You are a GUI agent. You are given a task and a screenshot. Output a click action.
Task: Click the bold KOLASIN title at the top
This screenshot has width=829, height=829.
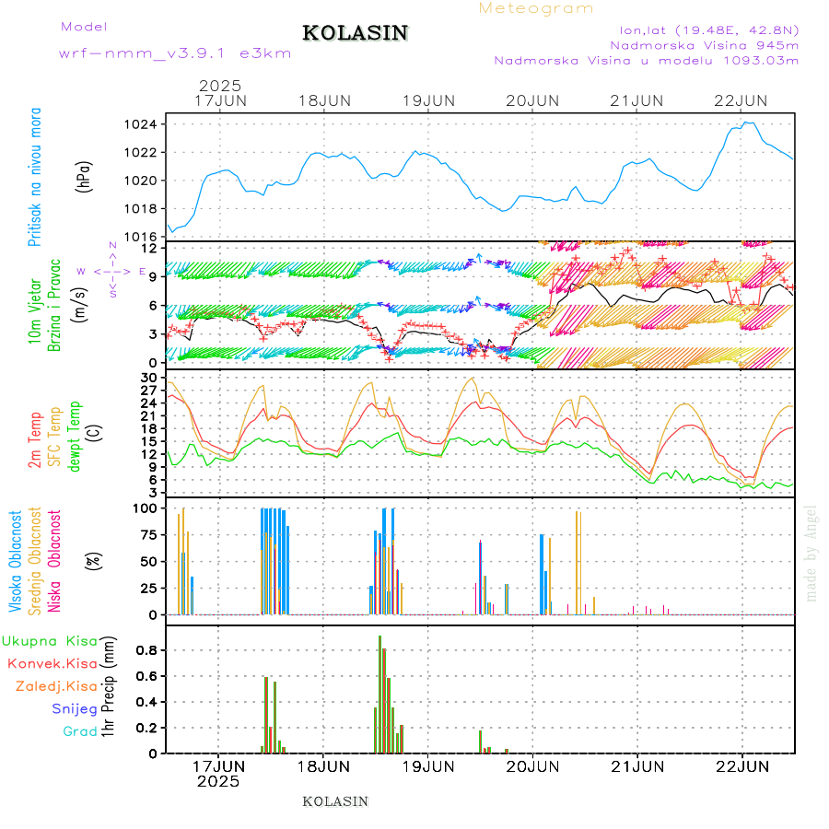pyautogui.click(x=356, y=33)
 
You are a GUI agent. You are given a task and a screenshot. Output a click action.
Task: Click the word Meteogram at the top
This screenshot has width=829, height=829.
pyautogui.click(x=536, y=8)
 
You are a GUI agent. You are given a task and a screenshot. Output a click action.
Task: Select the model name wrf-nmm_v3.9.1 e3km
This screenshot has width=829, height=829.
pyautogui.click(x=175, y=53)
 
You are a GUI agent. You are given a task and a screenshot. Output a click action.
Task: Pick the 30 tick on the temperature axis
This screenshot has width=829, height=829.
pyautogui.click(x=148, y=378)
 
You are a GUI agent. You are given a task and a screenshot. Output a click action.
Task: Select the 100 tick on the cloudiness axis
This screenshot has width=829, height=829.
pyautogui.click(x=146, y=508)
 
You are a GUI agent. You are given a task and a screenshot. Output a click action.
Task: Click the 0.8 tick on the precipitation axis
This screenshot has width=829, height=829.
pyautogui.click(x=147, y=650)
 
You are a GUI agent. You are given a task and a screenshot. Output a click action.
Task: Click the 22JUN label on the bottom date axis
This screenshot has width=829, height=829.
pyautogui.click(x=742, y=765)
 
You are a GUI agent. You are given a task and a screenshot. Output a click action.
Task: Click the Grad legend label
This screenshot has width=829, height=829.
pyautogui.click(x=80, y=731)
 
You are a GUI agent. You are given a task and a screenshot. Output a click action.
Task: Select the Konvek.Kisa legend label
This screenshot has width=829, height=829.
pyautogui.click(x=53, y=663)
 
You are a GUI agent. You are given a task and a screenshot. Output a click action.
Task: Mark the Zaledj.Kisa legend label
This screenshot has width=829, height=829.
pyautogui.click(x=56, y=686)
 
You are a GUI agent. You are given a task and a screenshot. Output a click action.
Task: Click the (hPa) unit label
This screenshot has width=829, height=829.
pyautogui.click(x=85, y=176)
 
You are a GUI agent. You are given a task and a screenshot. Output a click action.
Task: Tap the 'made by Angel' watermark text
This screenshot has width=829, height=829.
pyautogui.click(x=811, y=553)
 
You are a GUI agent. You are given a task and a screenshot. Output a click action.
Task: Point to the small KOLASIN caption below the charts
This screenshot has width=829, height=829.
pyautogui.click(x=335, y=801)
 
